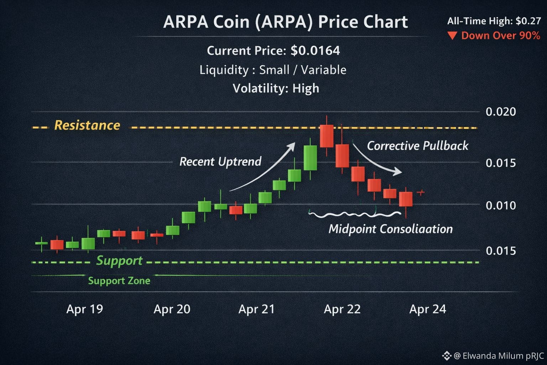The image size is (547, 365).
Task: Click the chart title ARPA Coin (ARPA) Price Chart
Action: [x=285, y=22]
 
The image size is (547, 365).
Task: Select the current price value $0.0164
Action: [x=315, y=51]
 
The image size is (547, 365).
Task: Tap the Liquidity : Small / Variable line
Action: [x=273, y=70]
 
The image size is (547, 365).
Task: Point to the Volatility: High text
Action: [x=276, y=88]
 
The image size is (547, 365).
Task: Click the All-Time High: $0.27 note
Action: [x=494, y=21]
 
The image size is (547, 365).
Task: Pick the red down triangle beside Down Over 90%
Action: [x=452, y=36]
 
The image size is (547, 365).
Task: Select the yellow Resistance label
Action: [x=87, y=125]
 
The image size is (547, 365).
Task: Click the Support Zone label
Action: [x=119, y=281]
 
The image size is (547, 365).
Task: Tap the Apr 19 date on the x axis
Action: [x=84, y=309]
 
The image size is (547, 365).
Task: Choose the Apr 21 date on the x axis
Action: [x=256, y=309]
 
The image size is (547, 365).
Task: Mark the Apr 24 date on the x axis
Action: [x=427, y=309]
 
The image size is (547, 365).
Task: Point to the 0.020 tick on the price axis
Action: [x=501, y=112]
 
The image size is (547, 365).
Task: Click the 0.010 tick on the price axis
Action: [x=501, y=205]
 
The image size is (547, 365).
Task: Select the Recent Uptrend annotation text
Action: [x=220, y=161]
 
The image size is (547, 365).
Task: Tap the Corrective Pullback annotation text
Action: [x=417, y=146]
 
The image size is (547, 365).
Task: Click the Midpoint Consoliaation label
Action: [x=390, y=229]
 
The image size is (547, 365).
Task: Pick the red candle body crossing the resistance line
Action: [x=327, y=136]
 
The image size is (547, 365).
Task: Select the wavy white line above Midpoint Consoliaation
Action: [x=355, y=215]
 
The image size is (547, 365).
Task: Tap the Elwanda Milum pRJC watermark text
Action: [x=498, y=356]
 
